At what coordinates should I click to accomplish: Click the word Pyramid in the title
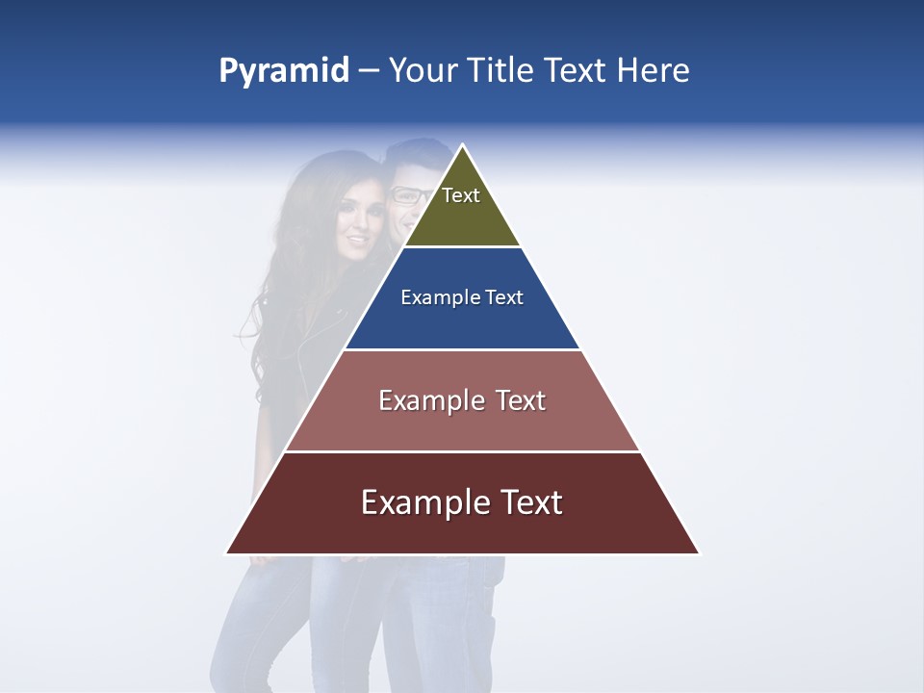(284, 71)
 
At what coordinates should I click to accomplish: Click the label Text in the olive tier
(461, 195)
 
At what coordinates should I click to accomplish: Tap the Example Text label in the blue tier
(462, 297)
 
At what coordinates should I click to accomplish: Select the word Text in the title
(577, 71)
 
